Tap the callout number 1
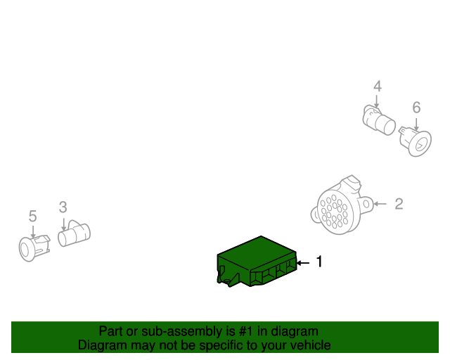(319, 262)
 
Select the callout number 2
(399, 204)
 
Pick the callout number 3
(63, 207)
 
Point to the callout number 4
(378, 86)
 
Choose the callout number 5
(32, 216)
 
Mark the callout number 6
(416, 108)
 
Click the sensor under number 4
(380, 120)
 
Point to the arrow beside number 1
(302, 262)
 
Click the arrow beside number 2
(380, 204)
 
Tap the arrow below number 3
(63, 224)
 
